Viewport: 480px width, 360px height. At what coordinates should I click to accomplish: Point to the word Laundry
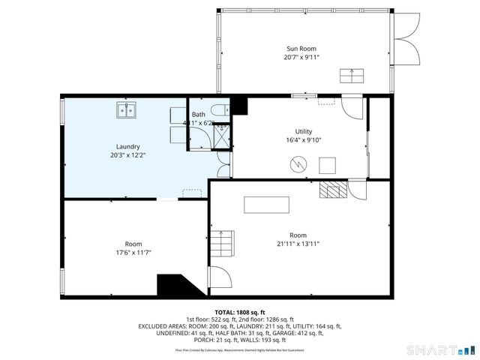pyautogui.click(x=127, y=147)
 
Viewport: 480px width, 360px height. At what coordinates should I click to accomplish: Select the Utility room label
pyautogui.click(x=304, y=130)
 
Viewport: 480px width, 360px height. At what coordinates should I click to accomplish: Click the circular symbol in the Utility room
pyautogui.click(x=298, y=163)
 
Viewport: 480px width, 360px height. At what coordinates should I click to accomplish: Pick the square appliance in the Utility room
pyautogui.click(x=328, y=165)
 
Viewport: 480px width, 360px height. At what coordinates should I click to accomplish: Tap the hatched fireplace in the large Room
pyautogui.click(x=332, y=189)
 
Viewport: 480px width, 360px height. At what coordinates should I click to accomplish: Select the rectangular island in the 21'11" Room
pyautogui.click(x=262, y=205)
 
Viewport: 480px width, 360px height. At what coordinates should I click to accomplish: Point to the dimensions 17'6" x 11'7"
pyautogui.click(x=133, y=253)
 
